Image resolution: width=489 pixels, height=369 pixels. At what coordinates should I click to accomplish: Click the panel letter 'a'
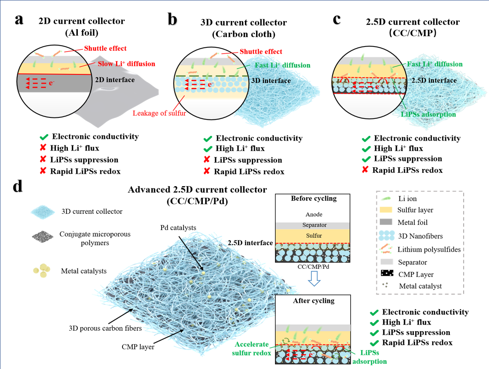point(19,20)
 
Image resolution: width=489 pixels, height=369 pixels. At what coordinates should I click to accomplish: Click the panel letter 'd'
point(18,186)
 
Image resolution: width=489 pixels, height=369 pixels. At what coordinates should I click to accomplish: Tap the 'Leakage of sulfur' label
point(159,113)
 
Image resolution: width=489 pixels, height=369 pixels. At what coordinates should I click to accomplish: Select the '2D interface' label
point(115,80)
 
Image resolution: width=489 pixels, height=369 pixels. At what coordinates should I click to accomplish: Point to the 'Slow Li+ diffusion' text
point(126,64)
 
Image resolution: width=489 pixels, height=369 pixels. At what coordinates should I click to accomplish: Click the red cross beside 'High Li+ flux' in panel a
point(43,148)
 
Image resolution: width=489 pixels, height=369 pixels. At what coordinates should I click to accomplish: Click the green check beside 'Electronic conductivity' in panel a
point(44,137)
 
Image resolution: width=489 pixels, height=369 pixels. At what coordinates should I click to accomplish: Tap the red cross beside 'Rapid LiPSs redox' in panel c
point(365,170)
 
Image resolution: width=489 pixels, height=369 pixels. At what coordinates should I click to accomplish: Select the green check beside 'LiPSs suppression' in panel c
point(366,159)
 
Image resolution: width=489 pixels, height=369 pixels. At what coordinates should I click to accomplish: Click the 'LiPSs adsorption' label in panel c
point(428,114)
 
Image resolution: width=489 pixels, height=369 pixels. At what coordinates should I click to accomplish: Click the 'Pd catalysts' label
point(178,228)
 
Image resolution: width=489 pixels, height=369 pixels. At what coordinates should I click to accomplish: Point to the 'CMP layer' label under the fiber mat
point(138,347)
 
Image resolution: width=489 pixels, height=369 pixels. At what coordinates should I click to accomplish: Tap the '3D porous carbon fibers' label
point(105,329)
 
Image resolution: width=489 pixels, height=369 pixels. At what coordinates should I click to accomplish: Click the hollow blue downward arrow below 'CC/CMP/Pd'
point(314,278)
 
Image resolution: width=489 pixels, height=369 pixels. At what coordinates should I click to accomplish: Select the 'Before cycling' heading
point(314,199)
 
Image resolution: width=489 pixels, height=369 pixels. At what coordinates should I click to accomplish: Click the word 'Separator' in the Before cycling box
point(315,225)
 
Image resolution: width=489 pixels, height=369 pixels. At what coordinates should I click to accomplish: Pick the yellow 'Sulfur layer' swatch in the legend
point(386,210)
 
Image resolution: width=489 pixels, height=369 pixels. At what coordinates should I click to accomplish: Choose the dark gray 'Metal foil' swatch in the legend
point(386,222)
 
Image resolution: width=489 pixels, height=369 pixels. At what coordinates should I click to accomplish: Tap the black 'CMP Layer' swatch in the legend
point(387,274)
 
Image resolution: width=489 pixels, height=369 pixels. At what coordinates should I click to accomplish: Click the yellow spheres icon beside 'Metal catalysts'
point(42,271)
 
